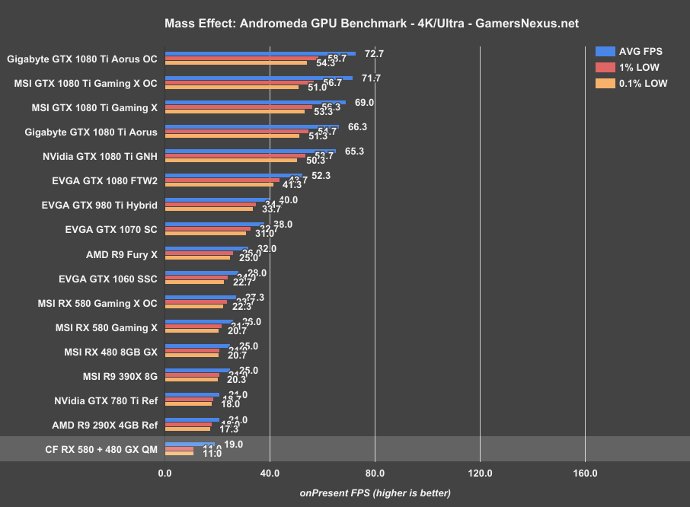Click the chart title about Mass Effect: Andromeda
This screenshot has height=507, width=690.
371,24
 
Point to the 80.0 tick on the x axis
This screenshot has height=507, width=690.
375,473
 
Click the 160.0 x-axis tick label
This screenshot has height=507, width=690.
585,473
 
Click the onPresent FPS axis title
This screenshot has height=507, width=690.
375,493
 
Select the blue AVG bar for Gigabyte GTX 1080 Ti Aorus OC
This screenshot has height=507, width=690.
260,54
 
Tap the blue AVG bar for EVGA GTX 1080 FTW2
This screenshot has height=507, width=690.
233,176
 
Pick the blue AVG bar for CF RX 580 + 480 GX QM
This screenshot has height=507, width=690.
190,444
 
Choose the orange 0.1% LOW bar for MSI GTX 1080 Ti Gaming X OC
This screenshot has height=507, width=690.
232,88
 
